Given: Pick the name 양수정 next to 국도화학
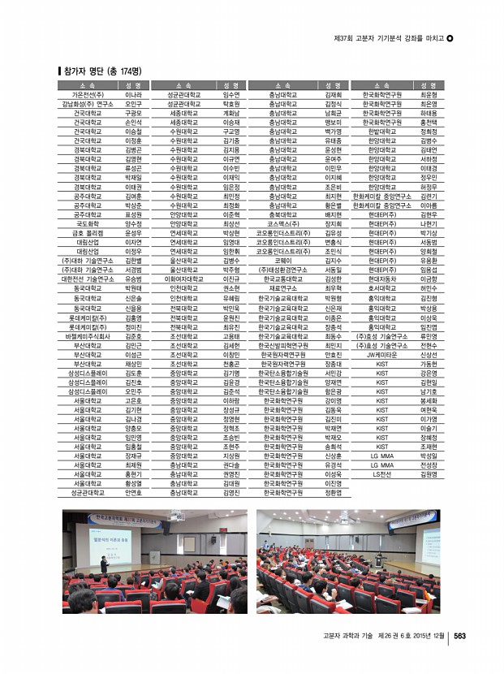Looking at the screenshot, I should coord(134,223).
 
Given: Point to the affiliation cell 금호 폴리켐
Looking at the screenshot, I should coord(88,232).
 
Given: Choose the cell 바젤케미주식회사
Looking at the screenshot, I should coord(88,334).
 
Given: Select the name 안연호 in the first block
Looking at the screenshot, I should coord(134,491).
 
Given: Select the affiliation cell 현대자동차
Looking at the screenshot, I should coord(381,279).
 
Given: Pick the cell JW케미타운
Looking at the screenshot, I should coord(381,354).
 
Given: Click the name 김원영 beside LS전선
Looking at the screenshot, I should coord(429,473).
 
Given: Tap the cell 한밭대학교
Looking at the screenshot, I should coord(381,131).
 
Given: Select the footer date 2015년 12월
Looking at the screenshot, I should coord(422,636).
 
